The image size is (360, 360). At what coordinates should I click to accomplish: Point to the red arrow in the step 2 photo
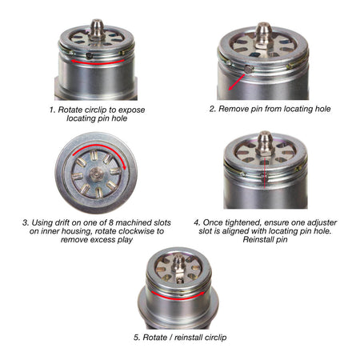point(237,77)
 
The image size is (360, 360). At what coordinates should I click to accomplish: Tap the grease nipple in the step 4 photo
point(263,144)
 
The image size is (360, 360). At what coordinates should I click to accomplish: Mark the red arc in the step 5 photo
point(180,294)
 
